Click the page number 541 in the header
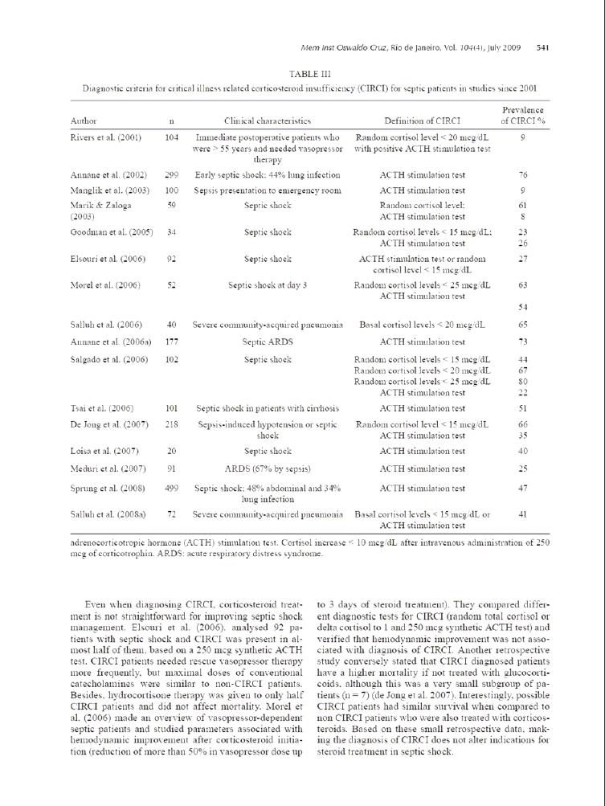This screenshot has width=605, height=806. pos(542,47)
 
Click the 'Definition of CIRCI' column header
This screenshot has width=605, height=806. pos(422,121)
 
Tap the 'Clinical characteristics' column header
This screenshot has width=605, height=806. pos(268,121)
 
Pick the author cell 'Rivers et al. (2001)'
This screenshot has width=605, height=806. pos(106,137)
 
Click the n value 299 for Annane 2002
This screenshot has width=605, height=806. pos(171,174)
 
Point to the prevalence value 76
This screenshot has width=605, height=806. pos(523,174)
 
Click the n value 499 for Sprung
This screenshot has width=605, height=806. pos(171,488)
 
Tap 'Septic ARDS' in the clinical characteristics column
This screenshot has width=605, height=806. pos(268,342)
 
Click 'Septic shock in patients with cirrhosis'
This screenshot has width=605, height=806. pos(268,408)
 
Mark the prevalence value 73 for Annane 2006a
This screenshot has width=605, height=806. pos(523,342)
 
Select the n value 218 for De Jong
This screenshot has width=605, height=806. pos(171,423)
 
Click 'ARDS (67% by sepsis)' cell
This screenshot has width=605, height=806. pos(268,468)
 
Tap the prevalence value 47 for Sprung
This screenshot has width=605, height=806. pos(523,488)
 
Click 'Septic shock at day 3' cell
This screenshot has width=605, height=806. pos(268,285)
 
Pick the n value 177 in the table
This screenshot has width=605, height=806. pos(171,342)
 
